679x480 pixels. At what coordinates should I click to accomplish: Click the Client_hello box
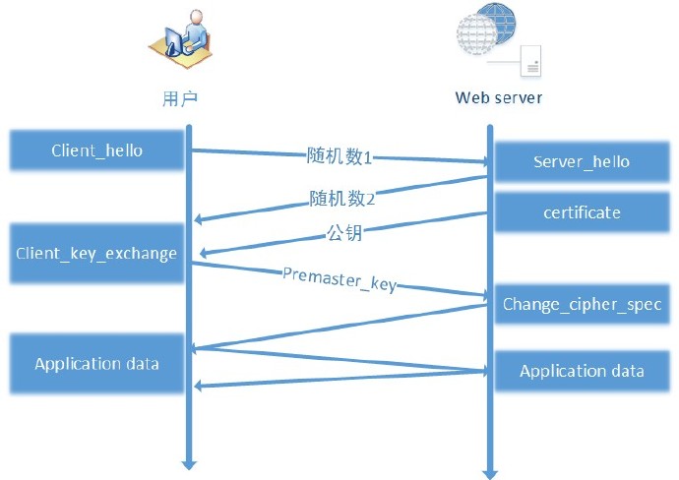pyautogui.click(x=96, y=150)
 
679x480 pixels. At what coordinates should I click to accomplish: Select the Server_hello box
pyautogui.click(x=581, y=161)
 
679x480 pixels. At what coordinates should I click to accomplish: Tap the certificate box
pyautogui.click(x=581, y=212)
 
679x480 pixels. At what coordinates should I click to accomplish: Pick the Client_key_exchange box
pyautogui.click(x=96, y=253)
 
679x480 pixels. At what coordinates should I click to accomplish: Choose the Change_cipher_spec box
pyautogui.click(x=581, y=304)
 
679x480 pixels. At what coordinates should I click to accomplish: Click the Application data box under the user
pyautogui.click(x=96, y=364)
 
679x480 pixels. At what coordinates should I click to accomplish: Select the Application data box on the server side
pyautogui.click(x=581, y=371)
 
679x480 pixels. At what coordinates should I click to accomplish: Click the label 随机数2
pyautogui.click(x=342, y=199)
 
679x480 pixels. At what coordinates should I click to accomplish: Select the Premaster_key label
pyautogui.click(x=339, y=278)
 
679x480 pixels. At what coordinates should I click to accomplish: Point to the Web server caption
pyautogui.click(x=498, y=98)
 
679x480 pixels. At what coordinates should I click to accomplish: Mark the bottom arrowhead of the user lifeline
pyautogui.click(x=189, y=461)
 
